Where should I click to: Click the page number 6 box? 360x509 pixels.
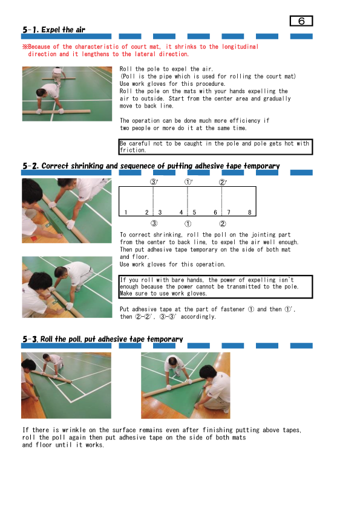[301, 21]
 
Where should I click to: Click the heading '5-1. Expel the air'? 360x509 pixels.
[54, 30]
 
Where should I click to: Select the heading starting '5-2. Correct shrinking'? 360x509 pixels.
[151, 166]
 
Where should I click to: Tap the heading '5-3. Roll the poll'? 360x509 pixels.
[102, 339]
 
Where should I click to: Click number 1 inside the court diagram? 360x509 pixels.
[125, 212]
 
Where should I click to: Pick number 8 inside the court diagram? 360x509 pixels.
[249, 212]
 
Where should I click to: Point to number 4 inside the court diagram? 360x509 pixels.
[181, 212]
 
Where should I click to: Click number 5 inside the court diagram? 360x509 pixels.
[194, 212]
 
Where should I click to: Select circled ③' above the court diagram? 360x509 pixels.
[154, 182]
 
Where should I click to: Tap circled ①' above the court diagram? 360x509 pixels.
[188, 182]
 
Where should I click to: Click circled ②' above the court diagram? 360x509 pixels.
[222, 182]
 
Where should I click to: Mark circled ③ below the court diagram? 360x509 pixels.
[154, 224]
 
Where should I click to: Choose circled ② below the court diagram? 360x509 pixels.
[222, 224]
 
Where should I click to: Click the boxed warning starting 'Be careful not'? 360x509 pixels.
[216, 147]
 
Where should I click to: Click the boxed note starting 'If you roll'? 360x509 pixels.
[216, 287]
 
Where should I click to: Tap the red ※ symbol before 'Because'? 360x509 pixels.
[25, 47]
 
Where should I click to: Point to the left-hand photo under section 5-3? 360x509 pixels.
[67, 385]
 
